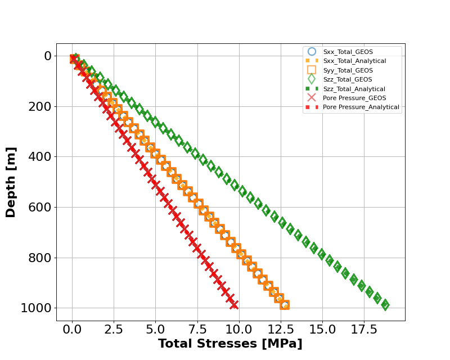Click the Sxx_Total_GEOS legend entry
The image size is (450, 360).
[348, 52]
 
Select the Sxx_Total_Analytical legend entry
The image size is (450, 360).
[354, 61]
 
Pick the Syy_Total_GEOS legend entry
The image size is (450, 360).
[348, 70]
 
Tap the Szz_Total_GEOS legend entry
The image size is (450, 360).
[348, 79]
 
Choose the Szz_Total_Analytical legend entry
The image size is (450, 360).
[354, 89]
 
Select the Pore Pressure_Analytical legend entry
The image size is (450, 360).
[361, 107]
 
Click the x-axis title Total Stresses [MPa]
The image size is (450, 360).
[230, 344]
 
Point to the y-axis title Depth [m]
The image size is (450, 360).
[11, 182]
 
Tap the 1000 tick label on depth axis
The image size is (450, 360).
[37, 308]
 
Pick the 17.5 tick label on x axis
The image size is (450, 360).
[363, 328]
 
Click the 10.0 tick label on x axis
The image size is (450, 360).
[238, 328]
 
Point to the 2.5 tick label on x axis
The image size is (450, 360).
[114, 328]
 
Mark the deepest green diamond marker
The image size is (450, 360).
[385, 305]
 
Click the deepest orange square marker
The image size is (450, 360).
[285, 305]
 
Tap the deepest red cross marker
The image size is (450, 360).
[234, 305]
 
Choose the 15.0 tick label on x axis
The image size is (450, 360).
[322, 328]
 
